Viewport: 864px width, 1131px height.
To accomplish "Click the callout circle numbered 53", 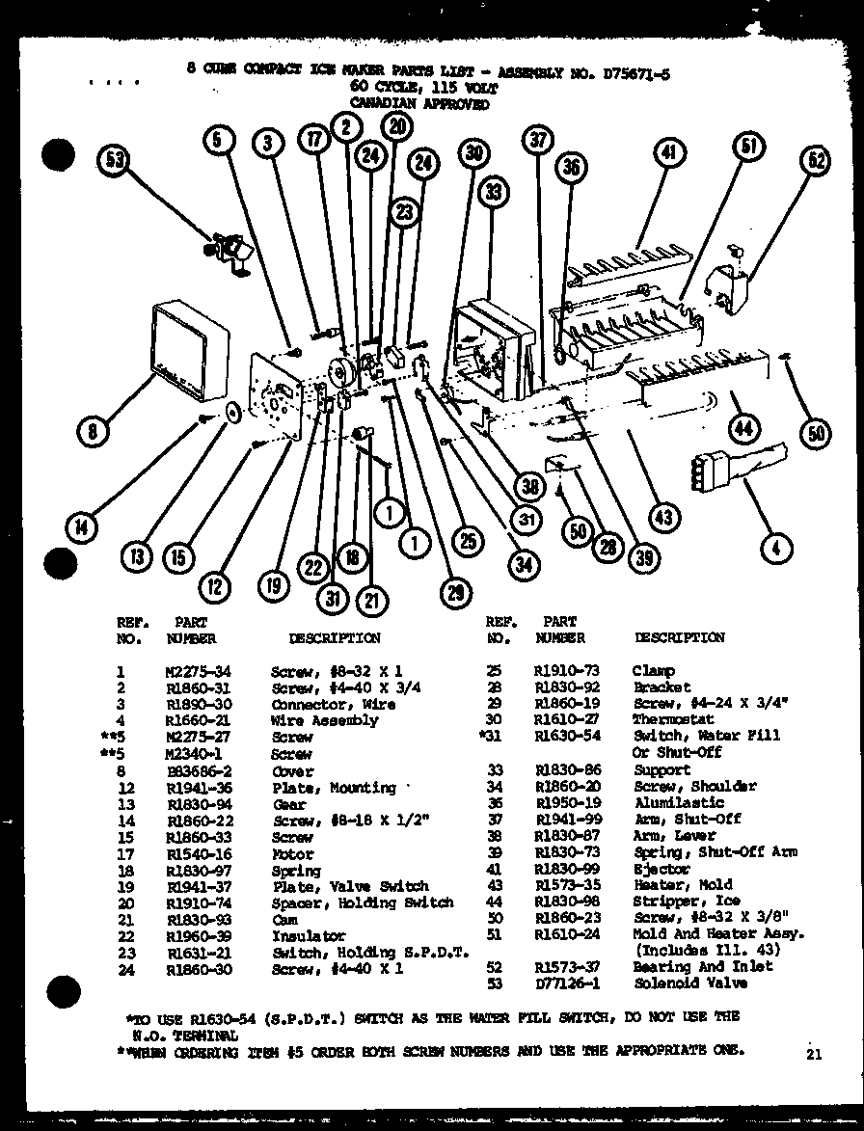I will (117, 160).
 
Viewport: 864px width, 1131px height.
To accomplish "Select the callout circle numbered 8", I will (93, 431).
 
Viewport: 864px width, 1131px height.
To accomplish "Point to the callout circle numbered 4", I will (776, 549).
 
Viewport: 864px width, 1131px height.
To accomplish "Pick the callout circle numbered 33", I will (495, 193).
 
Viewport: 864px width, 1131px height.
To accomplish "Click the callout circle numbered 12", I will (216, 583).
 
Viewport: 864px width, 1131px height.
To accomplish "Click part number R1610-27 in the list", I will (567, 719).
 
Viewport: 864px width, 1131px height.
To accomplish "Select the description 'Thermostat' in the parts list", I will (673, 719).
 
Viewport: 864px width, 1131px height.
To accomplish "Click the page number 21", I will (814, 1054).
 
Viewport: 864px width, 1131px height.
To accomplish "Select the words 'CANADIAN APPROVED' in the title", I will (419, 104).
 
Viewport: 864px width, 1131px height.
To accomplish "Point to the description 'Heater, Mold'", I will (682, 884).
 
